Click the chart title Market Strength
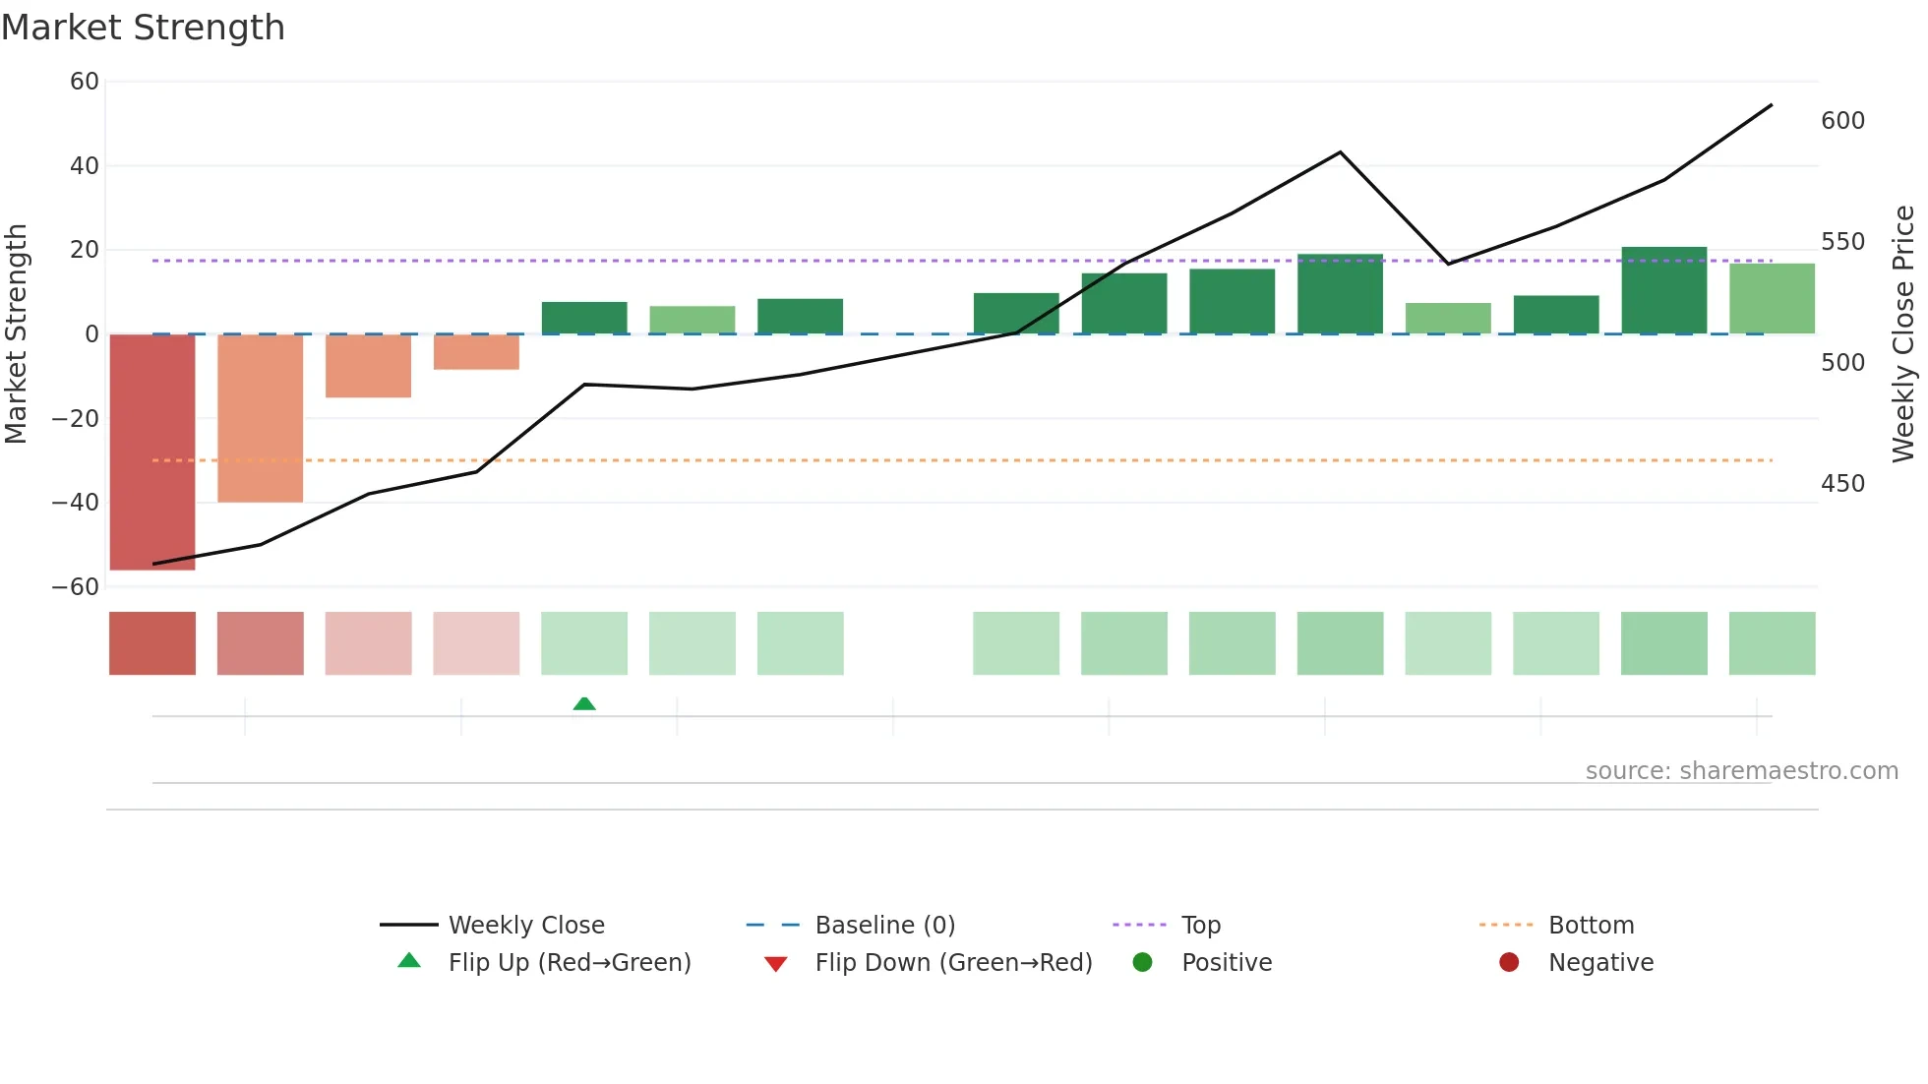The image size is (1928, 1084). pyautogui.click(x=143, y=28)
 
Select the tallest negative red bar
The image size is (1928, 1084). pyautogui.click(x=152, y=452)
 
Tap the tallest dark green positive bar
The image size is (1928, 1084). pyautogui.click(x=1663, y=290)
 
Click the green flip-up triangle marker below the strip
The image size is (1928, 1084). pyautogui.click(x=584, y=703)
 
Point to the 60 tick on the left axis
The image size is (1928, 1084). pyautogui.click(x=85, y=82)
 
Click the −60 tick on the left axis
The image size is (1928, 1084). pyautogui.click(x=76, y=587)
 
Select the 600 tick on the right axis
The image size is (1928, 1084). pyautogui.click(x=1842, y=121)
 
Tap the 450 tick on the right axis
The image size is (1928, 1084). pyautogui.click(x=1842, y=484)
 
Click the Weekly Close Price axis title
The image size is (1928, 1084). pyautogui.click(x=1903, y=334)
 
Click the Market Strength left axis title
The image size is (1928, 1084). pyautogui.click(x=17, y=334)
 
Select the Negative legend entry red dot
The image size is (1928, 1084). pyautogui.click(x=1509, y=963)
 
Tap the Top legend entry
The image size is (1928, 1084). pyautogui.click(x=1200, y=926)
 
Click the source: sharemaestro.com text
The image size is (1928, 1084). pyautogui.click(x=1741, y=771)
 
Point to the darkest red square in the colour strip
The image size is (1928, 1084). pyautogui.click(x=152, y=643)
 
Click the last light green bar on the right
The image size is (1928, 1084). pyautogui.click(x=1772, y=299)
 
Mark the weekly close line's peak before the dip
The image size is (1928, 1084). pyautogui.click(x=1340, y=152)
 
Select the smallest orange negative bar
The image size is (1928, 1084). pyautogui.click(x=476, y=352)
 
